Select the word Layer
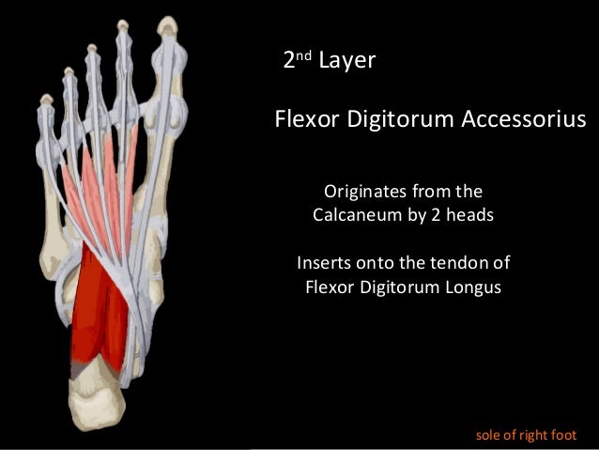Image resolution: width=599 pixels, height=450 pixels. pyautogui.click(x=347, y=62)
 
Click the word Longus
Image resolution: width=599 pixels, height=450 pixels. pyautogui.click(x=470, y=285)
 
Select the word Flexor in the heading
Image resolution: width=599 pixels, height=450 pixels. pyautogui.click(x=301, y=119)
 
